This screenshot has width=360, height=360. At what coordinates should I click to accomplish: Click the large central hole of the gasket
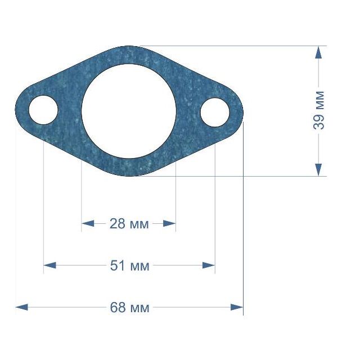coord(129,111)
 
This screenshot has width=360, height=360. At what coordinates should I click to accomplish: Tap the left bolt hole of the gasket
coord(43,110)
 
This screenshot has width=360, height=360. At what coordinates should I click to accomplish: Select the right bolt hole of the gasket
coord(215,112)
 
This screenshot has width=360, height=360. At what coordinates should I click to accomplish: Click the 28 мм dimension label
coord(129,224)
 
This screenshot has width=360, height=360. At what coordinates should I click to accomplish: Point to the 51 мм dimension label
coord(130,265)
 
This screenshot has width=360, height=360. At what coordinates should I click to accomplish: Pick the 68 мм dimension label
coord(130,308)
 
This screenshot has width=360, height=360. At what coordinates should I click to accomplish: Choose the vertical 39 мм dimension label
coord(319,110)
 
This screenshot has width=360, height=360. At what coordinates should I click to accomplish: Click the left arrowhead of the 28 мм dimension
coord(88,223)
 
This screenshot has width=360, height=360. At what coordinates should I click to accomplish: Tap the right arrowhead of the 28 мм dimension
coord(169,223)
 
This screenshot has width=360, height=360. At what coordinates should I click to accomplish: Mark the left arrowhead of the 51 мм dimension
coord(49,265)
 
